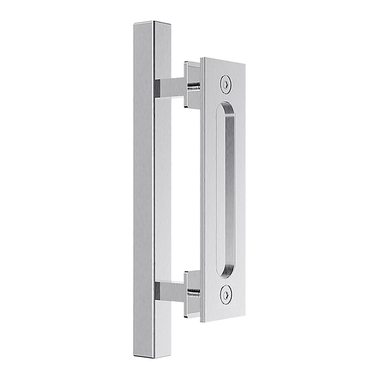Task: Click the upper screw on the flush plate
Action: (227, 83)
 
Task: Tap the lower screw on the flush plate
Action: (225, 292)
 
